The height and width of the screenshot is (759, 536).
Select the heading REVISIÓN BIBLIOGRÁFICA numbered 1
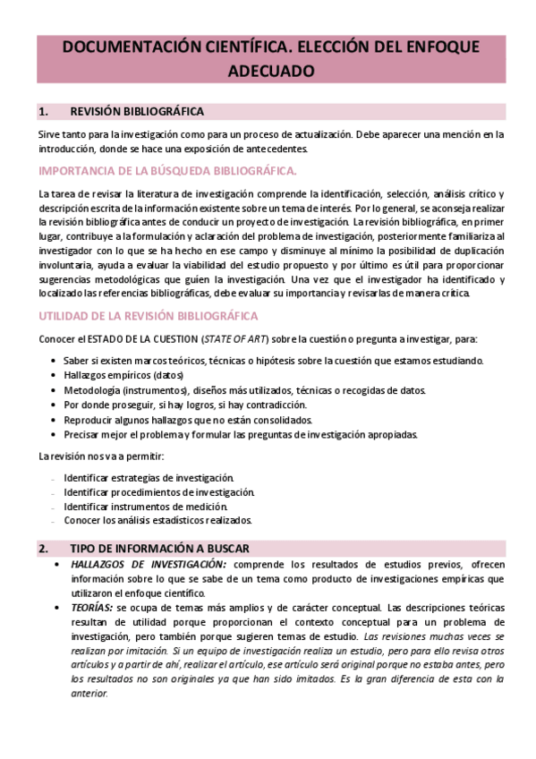136,112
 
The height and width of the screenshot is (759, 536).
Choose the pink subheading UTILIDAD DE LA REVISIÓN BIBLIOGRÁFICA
149,315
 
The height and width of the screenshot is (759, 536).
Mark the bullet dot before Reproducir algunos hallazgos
55,420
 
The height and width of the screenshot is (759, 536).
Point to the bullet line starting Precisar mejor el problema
241,434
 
